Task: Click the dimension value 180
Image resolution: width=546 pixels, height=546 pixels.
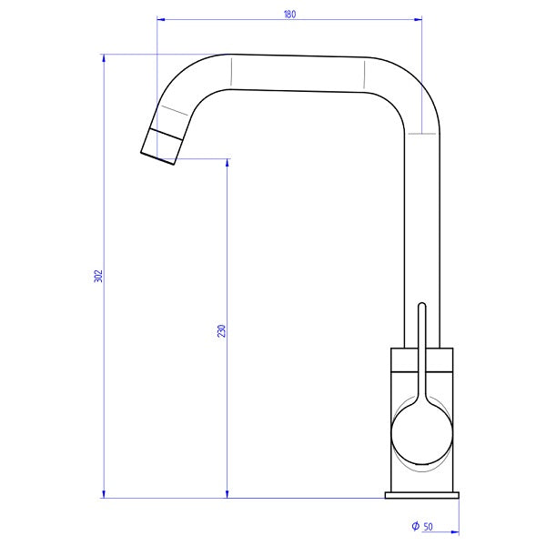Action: tap(289, 14)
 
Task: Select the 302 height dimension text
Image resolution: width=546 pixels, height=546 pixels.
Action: tap(98, 276)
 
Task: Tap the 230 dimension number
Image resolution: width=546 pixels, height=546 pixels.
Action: tap(221, 330)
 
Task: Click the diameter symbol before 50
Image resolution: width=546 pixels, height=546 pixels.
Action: tap(414, 527)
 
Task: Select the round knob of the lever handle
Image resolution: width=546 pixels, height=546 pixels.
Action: tap(421, 435)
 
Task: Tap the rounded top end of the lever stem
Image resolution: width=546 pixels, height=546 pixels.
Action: tap(421, 307)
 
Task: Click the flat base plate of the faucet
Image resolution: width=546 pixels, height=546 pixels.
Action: tap(421, 496)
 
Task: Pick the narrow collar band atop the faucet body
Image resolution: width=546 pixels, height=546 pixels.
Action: tap(421, 362)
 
